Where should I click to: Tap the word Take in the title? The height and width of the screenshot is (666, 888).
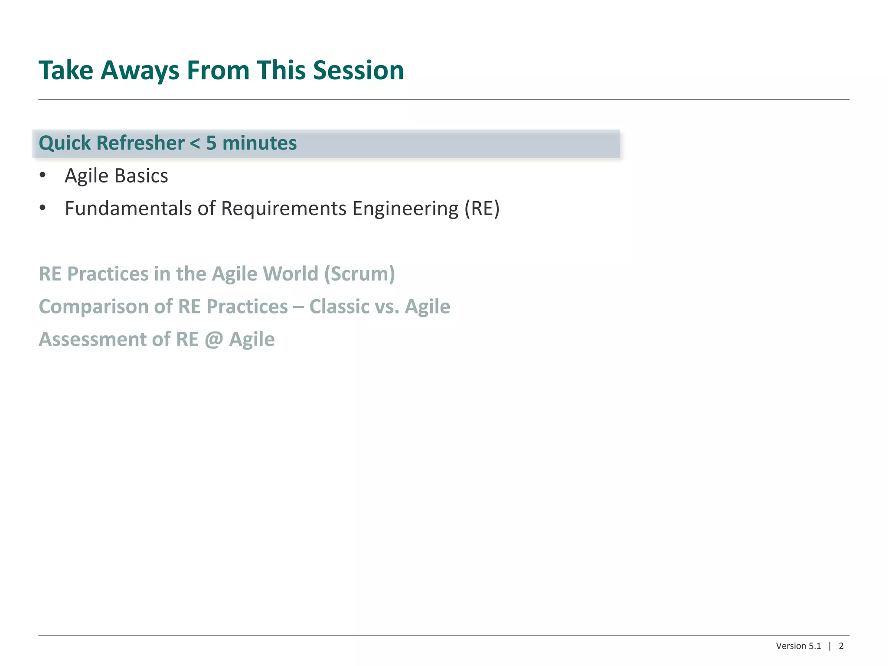click(66, 70)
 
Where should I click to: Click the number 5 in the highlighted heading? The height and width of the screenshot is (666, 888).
click(211, 144)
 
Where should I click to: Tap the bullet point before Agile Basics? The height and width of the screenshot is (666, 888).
click(42, 175)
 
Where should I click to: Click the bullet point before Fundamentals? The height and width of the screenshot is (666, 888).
click(42, 208)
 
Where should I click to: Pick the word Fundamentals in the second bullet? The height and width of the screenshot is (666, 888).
click(128, 209)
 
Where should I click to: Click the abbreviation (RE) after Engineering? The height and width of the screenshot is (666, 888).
click(482, 209)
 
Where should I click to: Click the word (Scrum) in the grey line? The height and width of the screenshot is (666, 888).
click(359, 274)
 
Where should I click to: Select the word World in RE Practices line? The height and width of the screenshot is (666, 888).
click(291, 274)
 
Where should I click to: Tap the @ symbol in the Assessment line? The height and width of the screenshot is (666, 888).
click(214, 340)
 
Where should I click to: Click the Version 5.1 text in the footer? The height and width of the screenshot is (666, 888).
click(798, 646)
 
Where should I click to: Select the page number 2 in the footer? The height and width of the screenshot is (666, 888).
click(841, 646)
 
